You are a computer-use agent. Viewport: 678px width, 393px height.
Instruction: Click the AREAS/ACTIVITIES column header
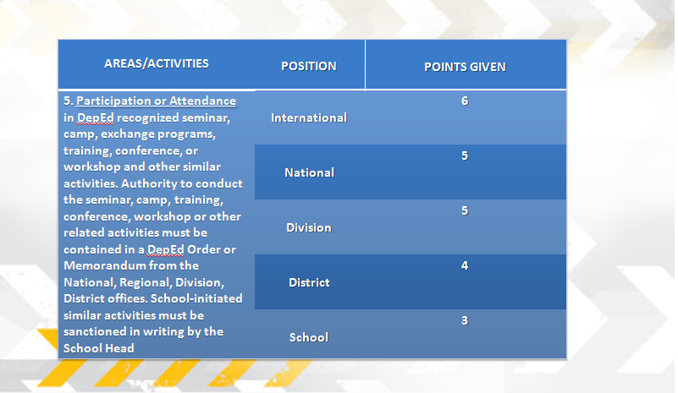point(157,63)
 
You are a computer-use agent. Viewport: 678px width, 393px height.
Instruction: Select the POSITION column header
point(309,66)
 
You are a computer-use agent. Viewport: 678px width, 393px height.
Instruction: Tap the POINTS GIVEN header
point(465,67)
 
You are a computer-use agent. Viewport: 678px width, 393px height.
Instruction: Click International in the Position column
point(309,118)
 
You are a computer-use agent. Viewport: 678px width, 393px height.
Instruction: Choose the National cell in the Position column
point(309,172)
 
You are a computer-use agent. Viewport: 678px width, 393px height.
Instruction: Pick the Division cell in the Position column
point(309,227)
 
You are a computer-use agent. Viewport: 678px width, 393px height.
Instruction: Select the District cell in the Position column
point(309,282)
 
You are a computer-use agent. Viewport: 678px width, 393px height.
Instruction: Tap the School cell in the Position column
point(309,337)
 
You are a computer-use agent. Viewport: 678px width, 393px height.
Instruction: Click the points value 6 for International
point(465,101)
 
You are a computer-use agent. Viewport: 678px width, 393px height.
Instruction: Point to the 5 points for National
point(465,156)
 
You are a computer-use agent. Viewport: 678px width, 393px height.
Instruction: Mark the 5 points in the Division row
point(465,210)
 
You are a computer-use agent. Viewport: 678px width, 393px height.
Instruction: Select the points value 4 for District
point(465,265)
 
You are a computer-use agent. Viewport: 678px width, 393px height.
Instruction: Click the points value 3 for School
point(465,320)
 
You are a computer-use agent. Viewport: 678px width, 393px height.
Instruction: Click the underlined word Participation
point(114,101)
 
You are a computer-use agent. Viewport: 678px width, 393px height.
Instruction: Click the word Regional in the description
point(146,283)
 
